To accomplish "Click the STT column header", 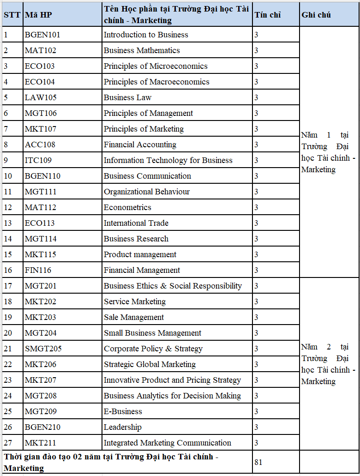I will (12, 15).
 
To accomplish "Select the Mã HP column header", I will (38, 15).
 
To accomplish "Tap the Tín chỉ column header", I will (267, 15).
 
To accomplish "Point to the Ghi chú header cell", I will (316, 15).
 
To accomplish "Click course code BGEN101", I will (42, 35).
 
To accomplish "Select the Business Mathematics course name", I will (142, 50).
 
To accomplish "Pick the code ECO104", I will (40, 82).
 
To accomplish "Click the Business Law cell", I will (127, 97).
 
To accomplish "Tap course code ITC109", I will (38, 160).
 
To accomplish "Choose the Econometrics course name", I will (127, 207).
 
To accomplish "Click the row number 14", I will (8, 239).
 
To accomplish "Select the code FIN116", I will (38, 270).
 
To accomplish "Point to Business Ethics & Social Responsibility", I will (173, 286).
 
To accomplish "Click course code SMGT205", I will (43, 349).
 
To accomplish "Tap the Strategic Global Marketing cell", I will (150, 364).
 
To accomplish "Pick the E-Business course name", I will (123, 411).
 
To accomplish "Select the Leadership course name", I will (122, 427).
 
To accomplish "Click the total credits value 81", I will (258, 462).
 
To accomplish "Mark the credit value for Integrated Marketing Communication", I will (256, 443).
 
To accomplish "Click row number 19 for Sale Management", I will (8, 317).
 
